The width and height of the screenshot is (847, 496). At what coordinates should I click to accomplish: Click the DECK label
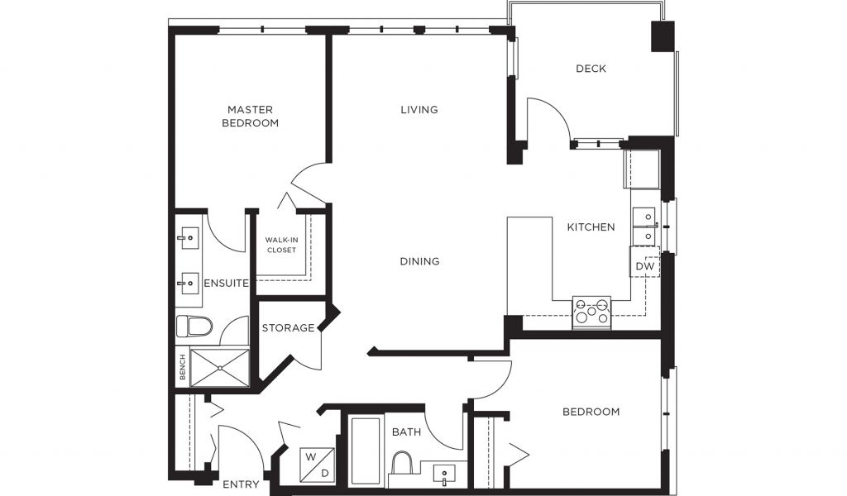591,69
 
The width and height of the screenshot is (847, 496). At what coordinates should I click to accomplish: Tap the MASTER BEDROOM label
250,116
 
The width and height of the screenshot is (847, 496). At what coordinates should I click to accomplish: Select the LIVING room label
419,110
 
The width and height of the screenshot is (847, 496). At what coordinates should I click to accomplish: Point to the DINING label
419,261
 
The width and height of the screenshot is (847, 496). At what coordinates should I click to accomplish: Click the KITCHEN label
591,227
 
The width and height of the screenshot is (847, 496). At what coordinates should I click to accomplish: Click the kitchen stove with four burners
591,312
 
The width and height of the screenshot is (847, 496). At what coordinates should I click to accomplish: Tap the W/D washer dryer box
317,465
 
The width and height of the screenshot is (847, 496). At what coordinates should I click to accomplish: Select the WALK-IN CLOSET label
281,245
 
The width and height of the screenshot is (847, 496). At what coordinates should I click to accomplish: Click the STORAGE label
288,327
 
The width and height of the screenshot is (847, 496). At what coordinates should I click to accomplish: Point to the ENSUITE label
227,284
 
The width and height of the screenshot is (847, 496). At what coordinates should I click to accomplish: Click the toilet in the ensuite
194,327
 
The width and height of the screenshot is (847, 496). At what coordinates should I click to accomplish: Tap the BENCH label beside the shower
183,367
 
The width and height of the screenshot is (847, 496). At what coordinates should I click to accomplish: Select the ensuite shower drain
220,368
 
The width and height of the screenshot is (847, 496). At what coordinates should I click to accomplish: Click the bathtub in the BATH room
366,451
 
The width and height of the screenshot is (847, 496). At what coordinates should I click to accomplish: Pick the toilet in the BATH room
401,464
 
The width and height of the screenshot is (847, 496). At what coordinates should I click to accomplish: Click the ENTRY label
241,484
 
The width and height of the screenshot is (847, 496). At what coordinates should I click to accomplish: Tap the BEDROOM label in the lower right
591,412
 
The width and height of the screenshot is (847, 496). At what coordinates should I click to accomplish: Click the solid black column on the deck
663,36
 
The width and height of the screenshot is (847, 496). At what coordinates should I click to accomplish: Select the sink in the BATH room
444,474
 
